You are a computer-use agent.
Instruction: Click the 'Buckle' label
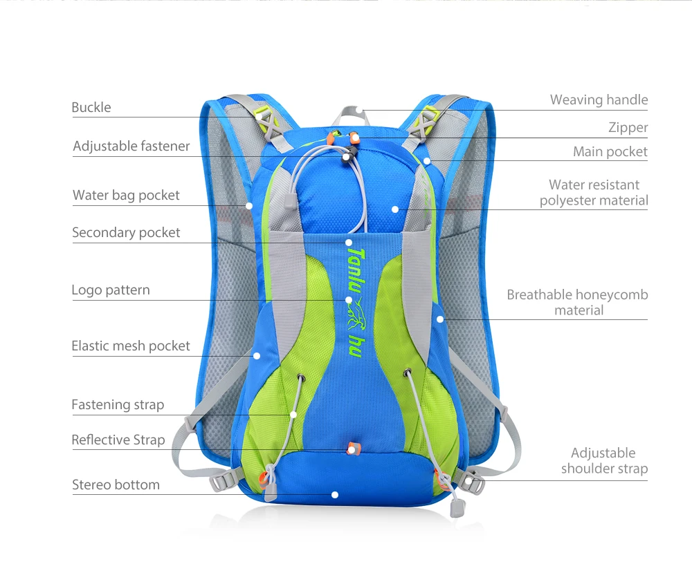pos(91,108)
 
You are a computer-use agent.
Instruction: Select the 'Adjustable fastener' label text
pos(131,147)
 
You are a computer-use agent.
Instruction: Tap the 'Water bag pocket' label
pos(126,196)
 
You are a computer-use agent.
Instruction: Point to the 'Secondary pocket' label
pos(126,233)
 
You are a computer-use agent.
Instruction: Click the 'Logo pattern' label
pos(111,290)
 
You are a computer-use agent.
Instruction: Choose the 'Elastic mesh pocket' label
pos(131,346)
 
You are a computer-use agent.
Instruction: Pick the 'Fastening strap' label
pos(118,405)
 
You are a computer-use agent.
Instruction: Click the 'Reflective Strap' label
pos(118,440)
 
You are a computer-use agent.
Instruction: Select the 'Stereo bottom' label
pos(116,485)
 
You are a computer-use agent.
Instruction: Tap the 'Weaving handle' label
pos(599,100)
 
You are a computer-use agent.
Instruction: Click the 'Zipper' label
pos(628,128)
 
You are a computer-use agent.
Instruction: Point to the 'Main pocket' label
pos(610,152)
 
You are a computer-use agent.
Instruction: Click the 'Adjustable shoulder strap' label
pos(604,461)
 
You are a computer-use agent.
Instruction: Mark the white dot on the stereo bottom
pos(335,495)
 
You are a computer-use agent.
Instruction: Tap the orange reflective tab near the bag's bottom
pos(352,448)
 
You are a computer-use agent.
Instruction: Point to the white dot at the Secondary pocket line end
pos(349,243)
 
